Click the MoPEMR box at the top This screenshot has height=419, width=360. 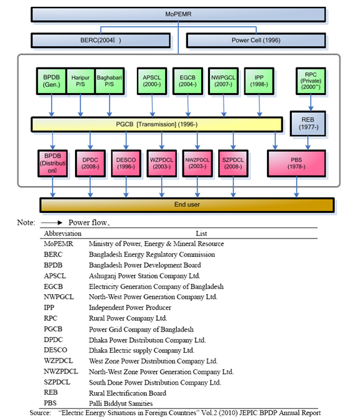pyautogui.click(x=179, y=14)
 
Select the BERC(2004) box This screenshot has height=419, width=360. pyautogui.click(x=101, y=41)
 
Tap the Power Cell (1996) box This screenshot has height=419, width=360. pyautogui.click(x=256, y=41)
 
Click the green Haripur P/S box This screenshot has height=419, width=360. pyautogui.click(x=80, y=80)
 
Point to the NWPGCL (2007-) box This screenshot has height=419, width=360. pyautogui.click(x=222, y=80)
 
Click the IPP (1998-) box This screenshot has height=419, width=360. pyautogui.click(x=257, y=80)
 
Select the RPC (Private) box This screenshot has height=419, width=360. pyautogui.click(x=310, y=80)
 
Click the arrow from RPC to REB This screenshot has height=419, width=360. pyautogui.click(x=310, y=102)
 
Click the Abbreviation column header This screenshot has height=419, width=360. pyautogui.click(x=63, y=233)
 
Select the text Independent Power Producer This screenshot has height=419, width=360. pyautogui.click(x=129, y=307)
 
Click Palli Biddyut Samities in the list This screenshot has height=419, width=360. pyautogui.click(x=121, y=403)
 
